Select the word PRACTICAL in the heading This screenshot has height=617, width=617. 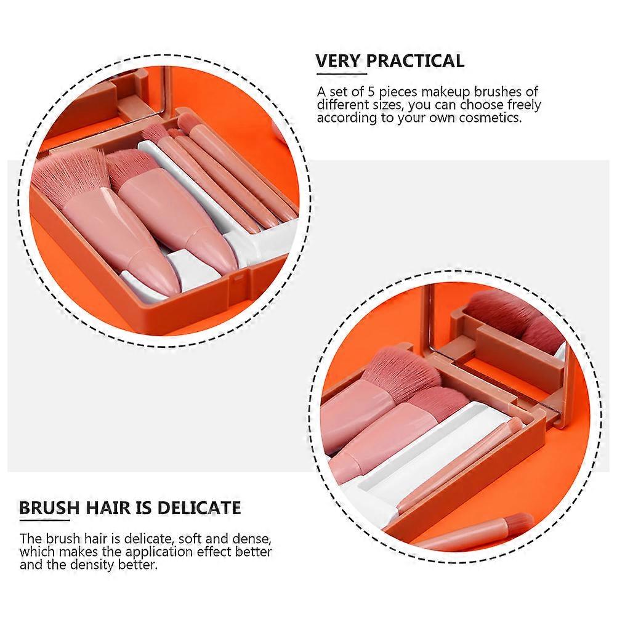[415, 61]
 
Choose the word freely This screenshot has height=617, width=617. [522, 105]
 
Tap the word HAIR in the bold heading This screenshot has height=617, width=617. [109, 507]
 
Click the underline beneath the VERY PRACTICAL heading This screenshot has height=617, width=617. [342, 73]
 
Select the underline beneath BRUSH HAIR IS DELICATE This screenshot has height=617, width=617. [44, 520]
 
